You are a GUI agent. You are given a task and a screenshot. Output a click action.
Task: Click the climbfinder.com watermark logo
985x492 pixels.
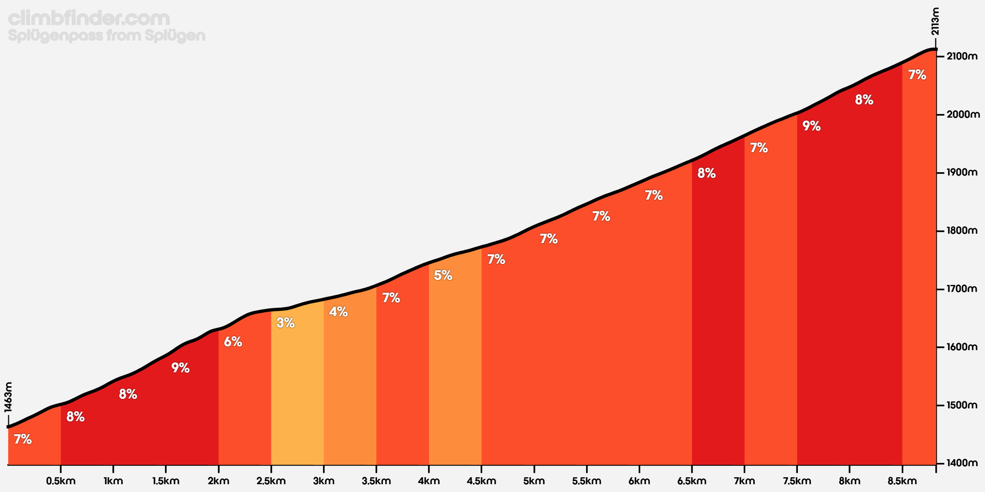89,19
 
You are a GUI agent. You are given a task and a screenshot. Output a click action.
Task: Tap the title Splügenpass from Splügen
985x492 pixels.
107,36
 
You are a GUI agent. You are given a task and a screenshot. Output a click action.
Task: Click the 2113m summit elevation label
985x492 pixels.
935,22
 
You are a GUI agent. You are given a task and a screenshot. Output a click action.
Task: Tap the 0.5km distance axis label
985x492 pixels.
61,481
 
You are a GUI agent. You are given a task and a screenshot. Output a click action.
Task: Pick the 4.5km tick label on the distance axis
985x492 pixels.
481,481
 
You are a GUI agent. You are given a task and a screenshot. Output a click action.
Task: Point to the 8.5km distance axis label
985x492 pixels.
902,481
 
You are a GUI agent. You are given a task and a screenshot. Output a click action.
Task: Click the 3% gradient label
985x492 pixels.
286,323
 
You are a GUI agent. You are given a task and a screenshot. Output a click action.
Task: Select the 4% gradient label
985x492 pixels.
338,312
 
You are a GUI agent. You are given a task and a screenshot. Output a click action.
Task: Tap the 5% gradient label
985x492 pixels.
443,276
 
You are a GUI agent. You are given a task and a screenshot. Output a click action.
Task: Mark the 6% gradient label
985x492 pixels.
233,342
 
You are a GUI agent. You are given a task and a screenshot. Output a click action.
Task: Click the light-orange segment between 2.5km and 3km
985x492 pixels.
297,394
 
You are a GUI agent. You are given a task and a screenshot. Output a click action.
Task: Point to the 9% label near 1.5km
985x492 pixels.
181,368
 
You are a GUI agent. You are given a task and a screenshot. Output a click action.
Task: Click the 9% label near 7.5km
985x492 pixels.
812,126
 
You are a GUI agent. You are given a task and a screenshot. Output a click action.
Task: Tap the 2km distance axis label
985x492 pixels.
219,481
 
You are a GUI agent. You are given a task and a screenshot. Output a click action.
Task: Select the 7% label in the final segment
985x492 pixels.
917,75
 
